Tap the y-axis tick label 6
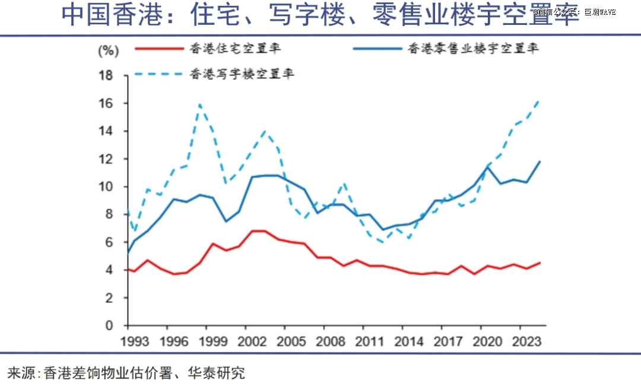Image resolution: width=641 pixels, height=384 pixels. pyautogui.click(x=109, y=242)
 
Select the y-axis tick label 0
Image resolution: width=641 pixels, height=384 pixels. pyautogui.click(x=109, y=325)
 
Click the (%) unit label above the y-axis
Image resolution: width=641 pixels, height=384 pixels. pyautogui.click(x=108, y=50)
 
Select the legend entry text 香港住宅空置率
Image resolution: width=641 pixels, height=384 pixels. pyautogui.click(x=234, y=49)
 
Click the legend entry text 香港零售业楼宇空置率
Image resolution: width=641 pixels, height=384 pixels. pyautogui.click(x=473, y=49)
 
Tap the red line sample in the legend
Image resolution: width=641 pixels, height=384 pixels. pyautogui.click(x=159, y=49)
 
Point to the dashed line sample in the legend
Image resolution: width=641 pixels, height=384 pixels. pyautogui.click(x=159, y=74)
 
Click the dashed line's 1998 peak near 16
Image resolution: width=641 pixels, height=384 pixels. pyautogui.click(x=200, y=104)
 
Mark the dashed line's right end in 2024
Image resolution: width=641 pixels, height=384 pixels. pyautogui.click(x=539, y=100)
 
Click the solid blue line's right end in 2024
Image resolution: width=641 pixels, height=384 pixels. pyautogui.click(x=540, y=161)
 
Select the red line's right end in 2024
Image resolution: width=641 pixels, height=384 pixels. pyautogui.click(x=540, y=263)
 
